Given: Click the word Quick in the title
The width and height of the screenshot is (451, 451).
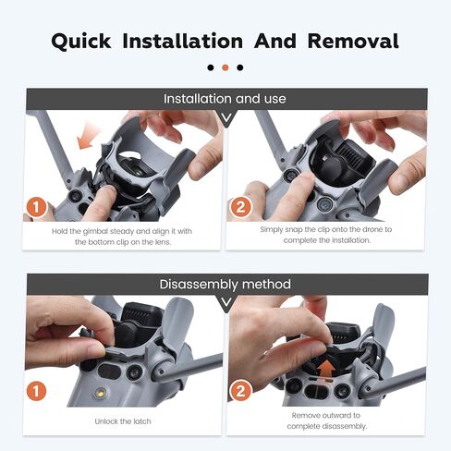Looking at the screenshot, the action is click(81, 42).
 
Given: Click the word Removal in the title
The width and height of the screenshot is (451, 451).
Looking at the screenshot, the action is click(353, 41).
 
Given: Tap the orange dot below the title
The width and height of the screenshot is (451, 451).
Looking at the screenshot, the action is click(225, 67).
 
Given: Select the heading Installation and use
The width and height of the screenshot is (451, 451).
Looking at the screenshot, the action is click(225, 99).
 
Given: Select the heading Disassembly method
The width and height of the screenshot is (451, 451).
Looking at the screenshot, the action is click(225, 284).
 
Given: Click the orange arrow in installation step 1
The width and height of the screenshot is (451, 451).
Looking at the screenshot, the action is click(88, 137).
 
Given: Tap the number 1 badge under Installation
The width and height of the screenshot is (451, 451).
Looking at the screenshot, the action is click(37, 207).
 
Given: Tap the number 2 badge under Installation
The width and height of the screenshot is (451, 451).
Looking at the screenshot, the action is click(240, 207).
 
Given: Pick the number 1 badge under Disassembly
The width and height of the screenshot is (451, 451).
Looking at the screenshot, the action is click(37, 391).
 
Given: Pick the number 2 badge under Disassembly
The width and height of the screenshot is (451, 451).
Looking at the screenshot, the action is click(240, 391).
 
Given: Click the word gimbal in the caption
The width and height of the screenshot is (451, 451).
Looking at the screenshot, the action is click(95, 232).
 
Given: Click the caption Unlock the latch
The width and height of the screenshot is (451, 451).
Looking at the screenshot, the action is click(123, 421).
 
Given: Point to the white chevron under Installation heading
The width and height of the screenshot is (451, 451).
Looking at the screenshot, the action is click(226, 117).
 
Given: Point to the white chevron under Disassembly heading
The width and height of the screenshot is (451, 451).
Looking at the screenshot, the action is click(226, 303).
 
